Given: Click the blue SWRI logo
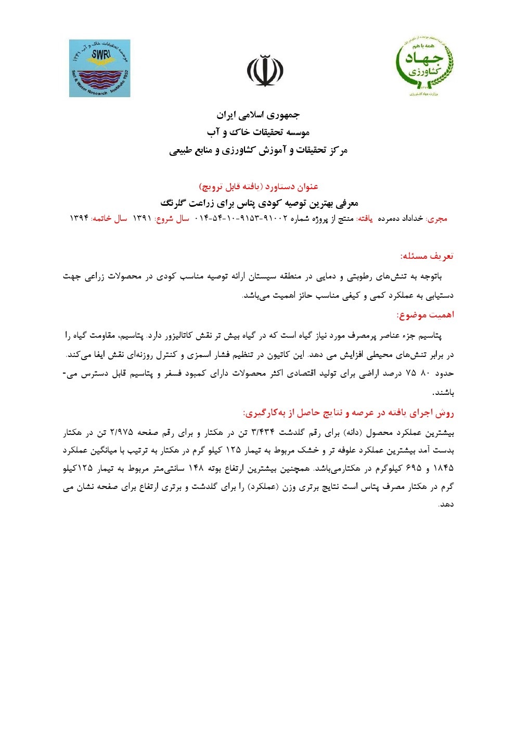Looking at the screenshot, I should tap(99, 68).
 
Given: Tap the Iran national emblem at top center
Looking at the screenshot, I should tap(265, 71).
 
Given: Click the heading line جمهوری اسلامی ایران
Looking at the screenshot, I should tap(258, 114).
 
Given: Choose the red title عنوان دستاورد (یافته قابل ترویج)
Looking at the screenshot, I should tap(259, 186).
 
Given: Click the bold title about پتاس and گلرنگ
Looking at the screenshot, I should tap(259, 203).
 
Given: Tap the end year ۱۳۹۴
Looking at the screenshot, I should tap(79, 219).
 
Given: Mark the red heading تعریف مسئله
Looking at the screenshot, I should tap(427, 256).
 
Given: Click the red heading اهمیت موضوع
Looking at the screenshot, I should tap(425, 315).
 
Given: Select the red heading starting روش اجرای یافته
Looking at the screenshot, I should tap(349, 413).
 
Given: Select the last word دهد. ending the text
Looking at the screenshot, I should tap(446, 504).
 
